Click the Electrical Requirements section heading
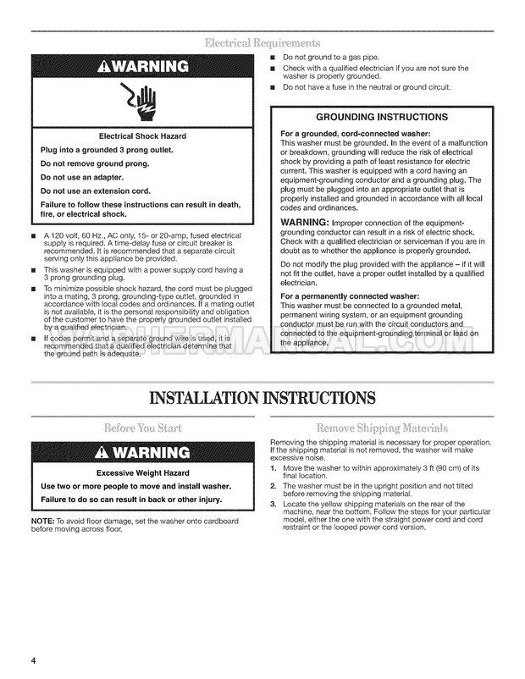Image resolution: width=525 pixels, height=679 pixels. point(262,42)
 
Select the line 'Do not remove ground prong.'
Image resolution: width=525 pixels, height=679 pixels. point(95,163)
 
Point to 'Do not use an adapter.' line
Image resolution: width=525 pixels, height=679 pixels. point(82,177)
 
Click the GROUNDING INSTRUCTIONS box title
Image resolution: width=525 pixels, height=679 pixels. point(381,117)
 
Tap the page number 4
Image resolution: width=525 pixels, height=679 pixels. point(34,660)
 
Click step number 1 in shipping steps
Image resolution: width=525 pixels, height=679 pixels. point(273,468)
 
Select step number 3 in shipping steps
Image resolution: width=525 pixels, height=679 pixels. point(273,505)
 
